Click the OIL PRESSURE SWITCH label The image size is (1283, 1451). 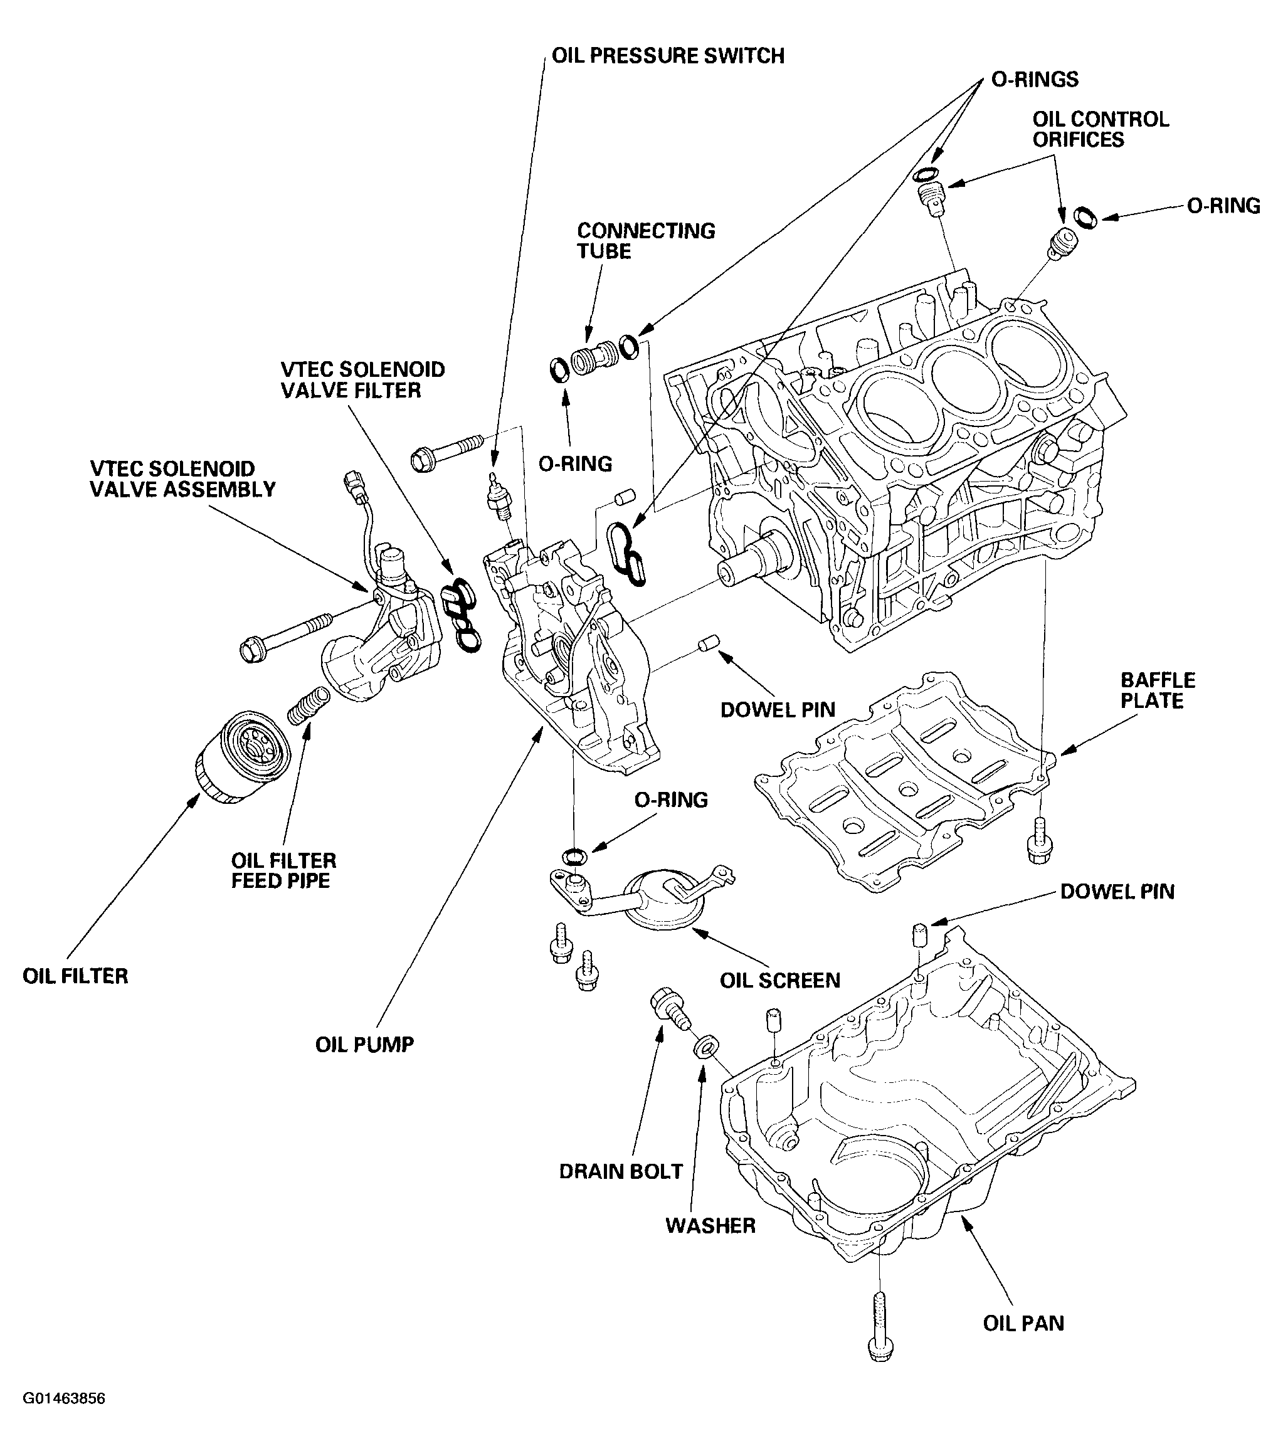point(668,56)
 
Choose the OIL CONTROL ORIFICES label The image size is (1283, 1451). point(1100,129)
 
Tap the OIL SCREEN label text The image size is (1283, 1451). point(779,980)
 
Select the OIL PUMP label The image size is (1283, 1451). point(364,1044)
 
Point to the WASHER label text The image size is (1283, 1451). point(710,1225)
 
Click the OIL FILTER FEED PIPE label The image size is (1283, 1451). point(283,870)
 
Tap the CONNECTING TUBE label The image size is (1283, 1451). point(645,241)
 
